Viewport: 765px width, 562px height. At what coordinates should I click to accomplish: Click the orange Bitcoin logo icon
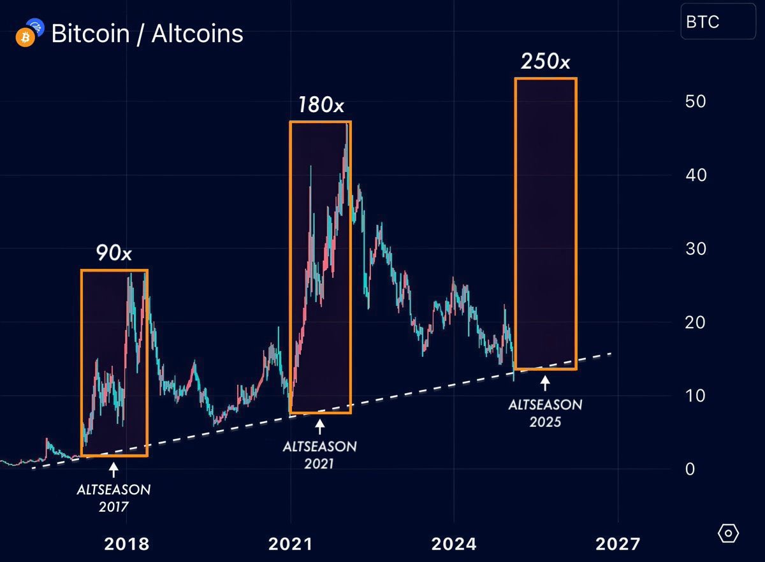[x=24, y=38]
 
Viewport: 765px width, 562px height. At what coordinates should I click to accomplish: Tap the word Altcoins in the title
[x=197, y=33]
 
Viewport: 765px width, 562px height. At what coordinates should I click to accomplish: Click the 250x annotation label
[x=545, y=61]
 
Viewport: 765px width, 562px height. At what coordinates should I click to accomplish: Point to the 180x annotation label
[x=321, y=104]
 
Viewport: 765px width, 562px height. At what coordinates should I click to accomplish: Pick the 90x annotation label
[x=114, y=254]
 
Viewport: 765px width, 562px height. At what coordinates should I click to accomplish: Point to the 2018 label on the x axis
[x=126, y=544]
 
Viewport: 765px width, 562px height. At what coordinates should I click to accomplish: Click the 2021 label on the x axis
[x=290, y=544]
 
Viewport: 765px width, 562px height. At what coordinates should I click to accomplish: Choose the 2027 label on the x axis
[x=617, y=544]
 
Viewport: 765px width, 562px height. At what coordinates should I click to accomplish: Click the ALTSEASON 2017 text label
[x=113, y=498]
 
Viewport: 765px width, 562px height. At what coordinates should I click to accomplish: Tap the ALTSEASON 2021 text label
[x=320, y=454]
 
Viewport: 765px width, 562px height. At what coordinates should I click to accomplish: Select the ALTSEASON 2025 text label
[x=545, y=412]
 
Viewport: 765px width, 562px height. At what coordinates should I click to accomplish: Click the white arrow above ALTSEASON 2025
[x=545, y=384]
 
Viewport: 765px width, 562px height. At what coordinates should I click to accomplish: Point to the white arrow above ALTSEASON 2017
[x=113, y=470]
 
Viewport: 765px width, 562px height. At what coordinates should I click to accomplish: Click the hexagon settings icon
[x=729, y=533]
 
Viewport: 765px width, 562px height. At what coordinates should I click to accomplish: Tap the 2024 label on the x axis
[x=453, y=544]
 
